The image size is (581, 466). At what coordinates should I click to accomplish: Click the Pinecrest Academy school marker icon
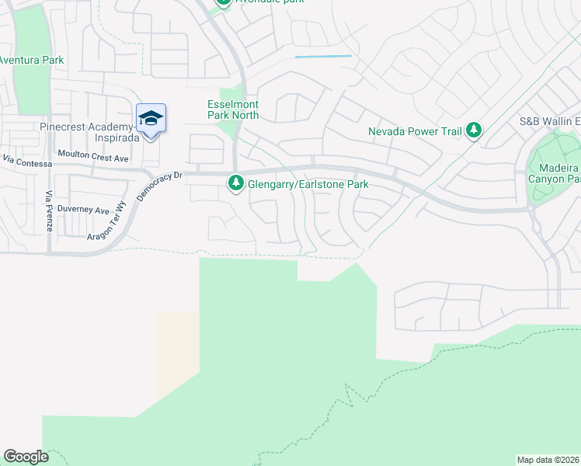151,119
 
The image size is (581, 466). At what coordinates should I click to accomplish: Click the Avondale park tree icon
224,2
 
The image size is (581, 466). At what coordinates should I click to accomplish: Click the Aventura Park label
31,60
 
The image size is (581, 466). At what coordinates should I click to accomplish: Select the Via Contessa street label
27,162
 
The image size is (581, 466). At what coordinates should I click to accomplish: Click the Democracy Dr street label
158,186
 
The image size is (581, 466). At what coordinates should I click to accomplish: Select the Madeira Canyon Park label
563,174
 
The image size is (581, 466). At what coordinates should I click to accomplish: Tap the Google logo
26,457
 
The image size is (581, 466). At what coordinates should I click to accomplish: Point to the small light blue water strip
323,57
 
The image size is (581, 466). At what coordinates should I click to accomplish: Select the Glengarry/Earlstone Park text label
308,185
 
